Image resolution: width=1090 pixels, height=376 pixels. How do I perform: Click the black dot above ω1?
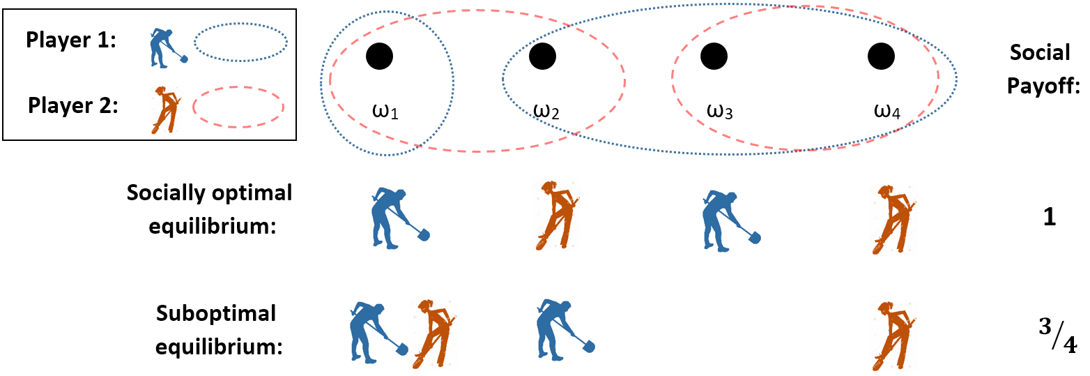click(x=379, y=56)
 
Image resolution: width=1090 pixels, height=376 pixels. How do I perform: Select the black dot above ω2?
click(x=542, y=56)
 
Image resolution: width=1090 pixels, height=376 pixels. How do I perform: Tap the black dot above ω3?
click(x=713, y=56)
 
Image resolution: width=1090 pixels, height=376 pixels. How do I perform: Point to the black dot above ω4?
click(x=880, y=56)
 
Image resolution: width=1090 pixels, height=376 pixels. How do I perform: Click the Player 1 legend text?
click(x=71, y=40)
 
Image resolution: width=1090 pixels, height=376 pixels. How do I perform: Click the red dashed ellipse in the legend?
click(x=238, y=108)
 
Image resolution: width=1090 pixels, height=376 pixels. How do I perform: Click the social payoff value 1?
click(x=1050, y=217)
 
